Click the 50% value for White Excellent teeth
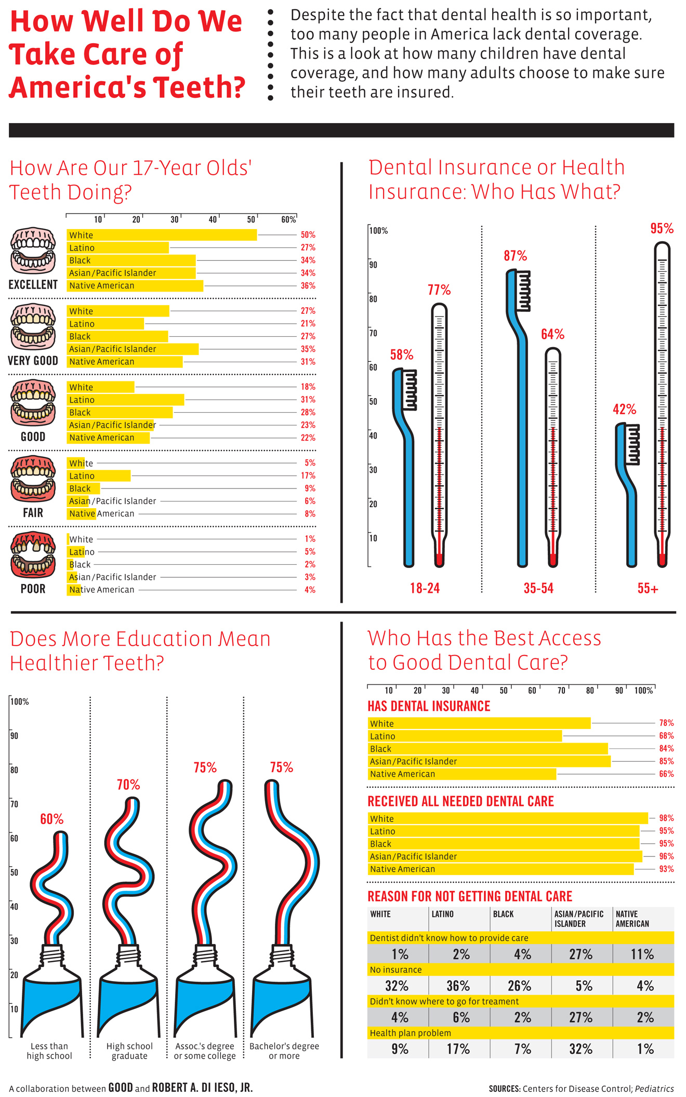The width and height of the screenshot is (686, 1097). tap(308, 235)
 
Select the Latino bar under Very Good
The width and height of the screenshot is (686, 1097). tap(105, 324)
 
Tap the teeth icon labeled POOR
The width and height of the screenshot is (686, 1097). tap(33, 554)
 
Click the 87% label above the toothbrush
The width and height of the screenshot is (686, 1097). tap(515, 256)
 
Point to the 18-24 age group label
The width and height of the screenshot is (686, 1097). tap(425, 588)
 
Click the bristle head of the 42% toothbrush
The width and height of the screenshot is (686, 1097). tap(632, 444)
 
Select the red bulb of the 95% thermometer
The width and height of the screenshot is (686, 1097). tap(662, 560)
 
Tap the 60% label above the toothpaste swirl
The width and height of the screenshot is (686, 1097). tap(52, 819)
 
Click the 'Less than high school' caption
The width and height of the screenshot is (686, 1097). tap(49, 1051)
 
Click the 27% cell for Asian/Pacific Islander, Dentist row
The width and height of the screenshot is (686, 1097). tap(581, 954)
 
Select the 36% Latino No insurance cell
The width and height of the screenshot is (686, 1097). tap(458, 986)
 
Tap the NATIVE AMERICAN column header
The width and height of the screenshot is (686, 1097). tap(632, 919)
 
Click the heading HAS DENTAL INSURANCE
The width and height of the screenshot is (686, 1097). tap(429, 706)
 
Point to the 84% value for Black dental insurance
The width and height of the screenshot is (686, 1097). tap(666, 748)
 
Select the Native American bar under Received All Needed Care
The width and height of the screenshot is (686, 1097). tap(500, 869)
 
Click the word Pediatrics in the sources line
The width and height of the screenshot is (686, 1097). tap(654, 1088)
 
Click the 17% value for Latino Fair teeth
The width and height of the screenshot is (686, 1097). tap(308, 475)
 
